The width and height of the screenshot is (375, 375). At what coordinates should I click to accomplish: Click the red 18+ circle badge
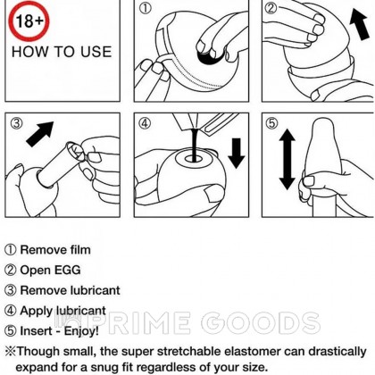[29, 21]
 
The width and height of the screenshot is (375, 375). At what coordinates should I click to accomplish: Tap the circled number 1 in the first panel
[145, 9]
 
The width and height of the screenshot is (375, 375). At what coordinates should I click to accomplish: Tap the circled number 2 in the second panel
[271, 8]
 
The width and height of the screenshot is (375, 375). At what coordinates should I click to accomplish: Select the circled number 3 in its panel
[16, 123]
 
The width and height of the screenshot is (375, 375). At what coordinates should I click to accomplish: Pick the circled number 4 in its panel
[145, 123]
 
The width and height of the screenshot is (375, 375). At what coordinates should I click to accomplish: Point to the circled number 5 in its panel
[271, 123]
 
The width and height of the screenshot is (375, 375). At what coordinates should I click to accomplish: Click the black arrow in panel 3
[40, 134]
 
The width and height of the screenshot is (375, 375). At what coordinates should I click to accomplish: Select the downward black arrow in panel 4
[236, 154]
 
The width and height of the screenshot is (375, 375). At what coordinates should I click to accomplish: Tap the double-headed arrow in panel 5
[287, 159]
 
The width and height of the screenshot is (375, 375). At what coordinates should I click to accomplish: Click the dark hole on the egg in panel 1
[208, 57]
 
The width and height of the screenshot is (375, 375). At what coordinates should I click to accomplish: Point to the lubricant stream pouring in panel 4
[195, 146]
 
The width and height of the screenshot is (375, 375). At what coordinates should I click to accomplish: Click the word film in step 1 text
[77, 250]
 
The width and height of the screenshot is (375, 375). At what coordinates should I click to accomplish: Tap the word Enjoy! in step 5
[81, 331]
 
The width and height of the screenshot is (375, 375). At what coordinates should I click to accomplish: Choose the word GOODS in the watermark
[261, 323]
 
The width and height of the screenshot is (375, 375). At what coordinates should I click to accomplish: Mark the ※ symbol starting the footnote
[11, 352]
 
